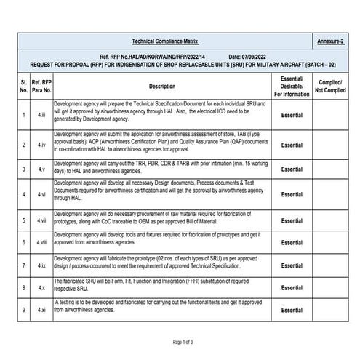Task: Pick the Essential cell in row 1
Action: pos(292,115)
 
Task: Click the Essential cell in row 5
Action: pos(292,220)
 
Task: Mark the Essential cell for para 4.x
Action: pos(292,289)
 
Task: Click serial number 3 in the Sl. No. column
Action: pos(24,169)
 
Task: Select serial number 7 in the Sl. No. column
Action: pos(24,267)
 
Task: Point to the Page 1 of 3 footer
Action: pos(182,341)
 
